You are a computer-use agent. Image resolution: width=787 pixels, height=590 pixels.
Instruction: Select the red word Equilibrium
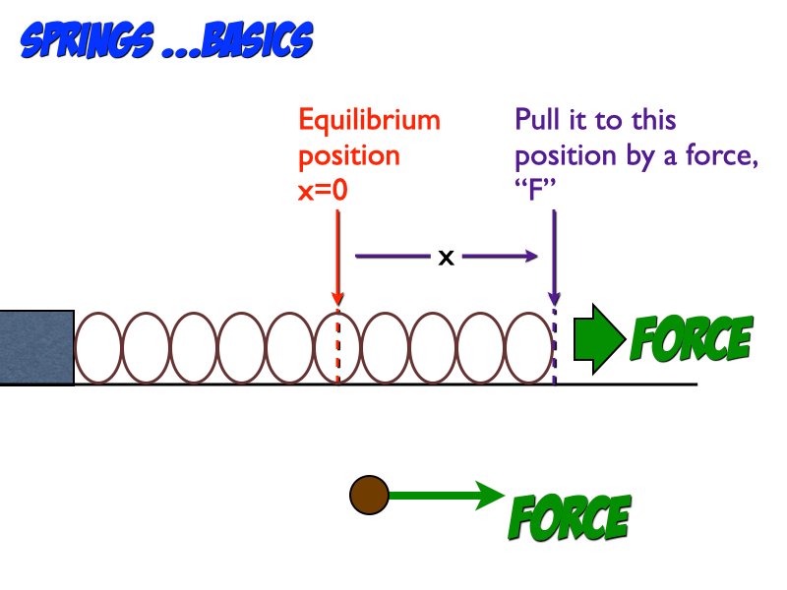[369, 121]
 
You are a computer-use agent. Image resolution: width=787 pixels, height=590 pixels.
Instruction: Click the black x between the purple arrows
[446, 259]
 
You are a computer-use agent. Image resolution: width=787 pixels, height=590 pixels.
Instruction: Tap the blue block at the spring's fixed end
[36, 347]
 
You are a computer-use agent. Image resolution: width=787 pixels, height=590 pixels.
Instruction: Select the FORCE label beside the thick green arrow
[691, 339]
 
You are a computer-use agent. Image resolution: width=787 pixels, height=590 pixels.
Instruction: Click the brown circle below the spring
[370, 495]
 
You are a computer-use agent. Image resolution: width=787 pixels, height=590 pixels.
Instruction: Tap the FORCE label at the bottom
[569, 517]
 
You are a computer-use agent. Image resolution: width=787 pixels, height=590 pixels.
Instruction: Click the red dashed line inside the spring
[337, 349]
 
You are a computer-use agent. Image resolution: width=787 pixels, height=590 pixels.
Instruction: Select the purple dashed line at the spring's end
[555, 349]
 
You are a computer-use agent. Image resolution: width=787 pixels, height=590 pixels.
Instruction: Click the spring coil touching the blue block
[98, 347]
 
